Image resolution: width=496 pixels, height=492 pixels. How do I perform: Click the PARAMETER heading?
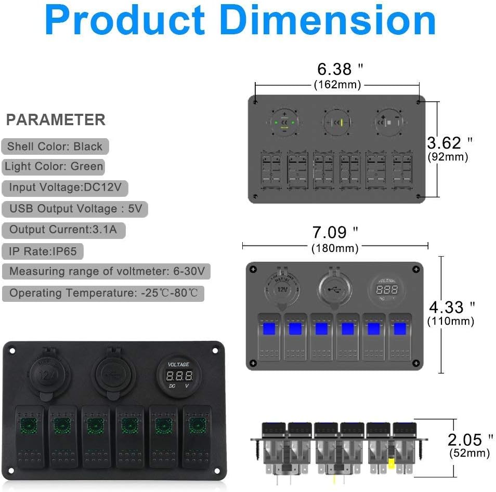(56, 120)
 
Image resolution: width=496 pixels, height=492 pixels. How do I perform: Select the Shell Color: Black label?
(55, 147)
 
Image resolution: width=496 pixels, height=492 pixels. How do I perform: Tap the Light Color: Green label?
(54, 167)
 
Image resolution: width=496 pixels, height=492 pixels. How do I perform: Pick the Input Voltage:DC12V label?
(65, 188)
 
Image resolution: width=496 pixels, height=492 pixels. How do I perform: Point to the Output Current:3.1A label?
(63, 230)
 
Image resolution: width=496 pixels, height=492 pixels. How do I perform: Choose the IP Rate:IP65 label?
(43, 251)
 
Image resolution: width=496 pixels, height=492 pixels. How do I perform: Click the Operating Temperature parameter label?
(103, 293)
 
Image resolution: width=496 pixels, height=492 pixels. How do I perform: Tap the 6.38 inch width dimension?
(340, 69)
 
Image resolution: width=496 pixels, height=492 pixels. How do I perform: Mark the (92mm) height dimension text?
(448, 157)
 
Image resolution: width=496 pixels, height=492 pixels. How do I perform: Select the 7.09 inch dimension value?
(335, 232)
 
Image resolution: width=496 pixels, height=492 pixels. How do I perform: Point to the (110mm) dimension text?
(450, 321)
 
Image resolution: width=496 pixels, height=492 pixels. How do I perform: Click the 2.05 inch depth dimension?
(470, 440)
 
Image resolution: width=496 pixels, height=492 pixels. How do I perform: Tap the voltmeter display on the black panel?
(179, 375)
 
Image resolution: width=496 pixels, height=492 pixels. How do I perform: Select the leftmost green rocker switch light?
(29, 425)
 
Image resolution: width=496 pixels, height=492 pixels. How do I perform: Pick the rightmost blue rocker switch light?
(400, 329)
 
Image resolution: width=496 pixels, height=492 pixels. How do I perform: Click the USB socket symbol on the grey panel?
(333, 289)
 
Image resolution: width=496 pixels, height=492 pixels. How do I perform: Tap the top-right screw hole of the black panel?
(215, 351)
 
